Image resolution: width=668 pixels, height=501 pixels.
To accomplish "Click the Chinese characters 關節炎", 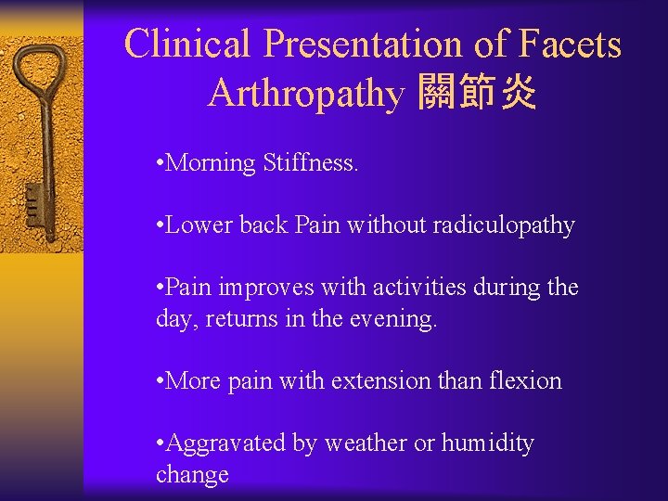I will [x=477, y=93].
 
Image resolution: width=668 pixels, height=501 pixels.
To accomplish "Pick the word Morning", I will [x=210, y=163].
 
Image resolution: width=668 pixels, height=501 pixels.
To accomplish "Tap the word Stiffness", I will [x=309, y=163].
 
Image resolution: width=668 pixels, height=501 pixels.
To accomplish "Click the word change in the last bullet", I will [x=192, y=475].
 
